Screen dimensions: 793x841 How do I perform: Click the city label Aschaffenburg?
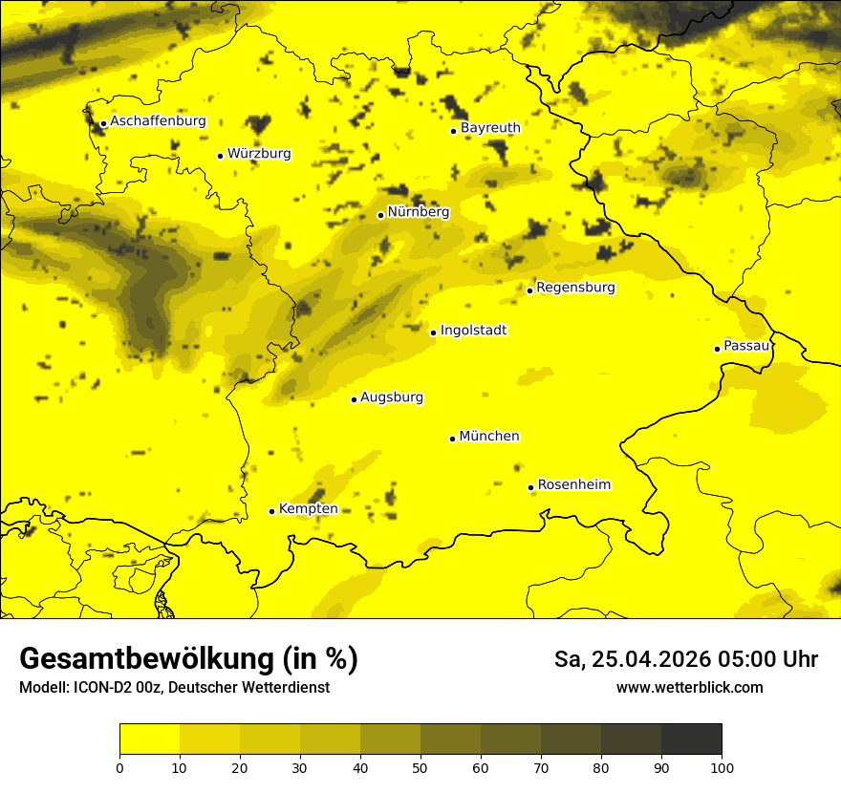158,121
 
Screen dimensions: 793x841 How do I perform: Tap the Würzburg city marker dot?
220,156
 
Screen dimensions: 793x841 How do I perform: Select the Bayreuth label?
490,127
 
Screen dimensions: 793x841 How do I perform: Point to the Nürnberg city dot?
380,215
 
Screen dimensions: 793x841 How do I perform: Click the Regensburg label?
575,287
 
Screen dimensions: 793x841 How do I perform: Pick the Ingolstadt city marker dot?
433,332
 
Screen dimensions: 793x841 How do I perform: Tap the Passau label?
746,345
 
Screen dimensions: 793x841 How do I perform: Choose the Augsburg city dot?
354,399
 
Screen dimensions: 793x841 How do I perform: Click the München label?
489,436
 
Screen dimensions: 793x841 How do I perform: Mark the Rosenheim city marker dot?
530,487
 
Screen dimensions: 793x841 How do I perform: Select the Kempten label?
308,508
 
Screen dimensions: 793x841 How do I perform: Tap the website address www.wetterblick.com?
690,687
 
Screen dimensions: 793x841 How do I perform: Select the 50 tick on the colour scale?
420,766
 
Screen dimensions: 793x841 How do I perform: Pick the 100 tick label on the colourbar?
722,766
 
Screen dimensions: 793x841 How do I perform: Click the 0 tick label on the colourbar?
119,766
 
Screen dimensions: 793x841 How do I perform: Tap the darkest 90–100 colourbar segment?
691,739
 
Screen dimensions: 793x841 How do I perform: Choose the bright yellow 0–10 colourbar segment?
149,739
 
